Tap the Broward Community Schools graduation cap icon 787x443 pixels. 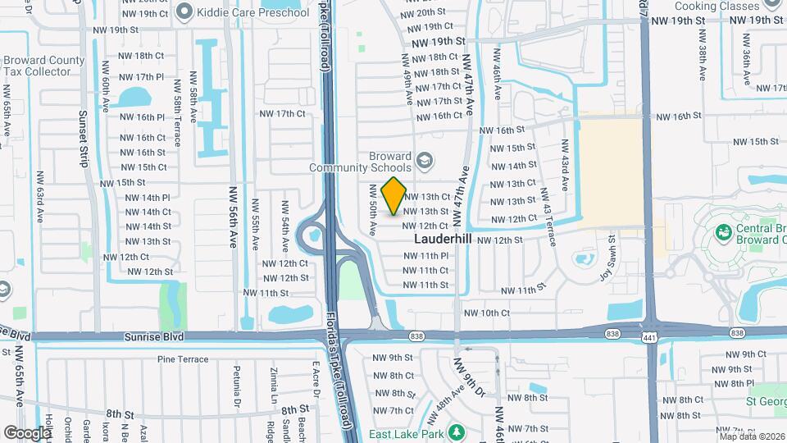[x=425, y=160]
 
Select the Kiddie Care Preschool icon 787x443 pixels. [x=184, y=11]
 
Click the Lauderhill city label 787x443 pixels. [x=443, y=239]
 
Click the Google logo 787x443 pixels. [x=27, y=432]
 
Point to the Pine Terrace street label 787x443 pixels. [x=183, y=359]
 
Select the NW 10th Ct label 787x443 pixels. [x=487, y=313]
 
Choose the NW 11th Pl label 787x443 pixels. [x=425, y=256]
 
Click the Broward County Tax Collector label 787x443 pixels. [x=43, y=66]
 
